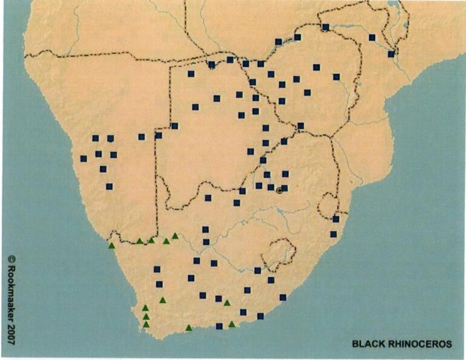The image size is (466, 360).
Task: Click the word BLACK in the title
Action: click(x=367, y=344)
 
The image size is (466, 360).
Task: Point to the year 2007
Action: click(x=11, y=335)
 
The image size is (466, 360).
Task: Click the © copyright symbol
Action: click(x=11, y=258)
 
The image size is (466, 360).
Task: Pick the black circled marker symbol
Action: click(x=279, y=191)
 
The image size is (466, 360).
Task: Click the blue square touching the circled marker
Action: click(x=284, y=188)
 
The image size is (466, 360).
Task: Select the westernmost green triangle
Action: click(x=111, y=245)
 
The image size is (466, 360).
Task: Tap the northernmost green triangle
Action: click(x=175, y=236)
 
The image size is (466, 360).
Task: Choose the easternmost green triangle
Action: click(x=232, y=324)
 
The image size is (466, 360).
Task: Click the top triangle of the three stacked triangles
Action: click(x=145, y=308)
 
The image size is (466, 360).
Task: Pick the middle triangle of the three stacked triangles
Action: click(x=146, y=316)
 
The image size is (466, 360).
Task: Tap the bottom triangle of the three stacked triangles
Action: click(x=146, y=324)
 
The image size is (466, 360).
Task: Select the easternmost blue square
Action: click(x=391, y=54)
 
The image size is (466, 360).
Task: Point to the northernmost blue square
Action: click(x=326, y=27)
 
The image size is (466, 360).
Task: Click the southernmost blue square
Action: click(x=219, y=326)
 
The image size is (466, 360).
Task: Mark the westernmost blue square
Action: click(x=84, y=159)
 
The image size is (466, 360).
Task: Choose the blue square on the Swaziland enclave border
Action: click(x=336, y=219)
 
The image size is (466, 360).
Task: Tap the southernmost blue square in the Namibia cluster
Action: click(x=109, y=186)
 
